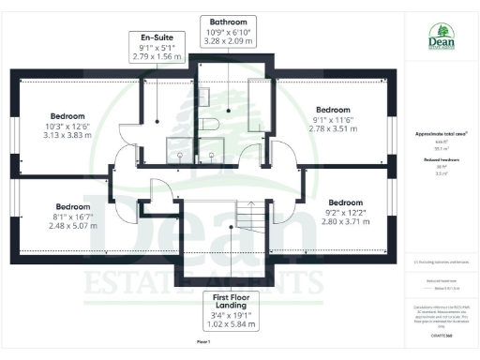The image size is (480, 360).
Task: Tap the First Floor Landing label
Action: pyautogui.click(x=229, y=308)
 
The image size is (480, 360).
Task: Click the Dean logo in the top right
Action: pyautogui.click(x=441, y=38)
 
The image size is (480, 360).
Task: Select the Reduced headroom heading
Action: pyautogui.click(x=440, y=160)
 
